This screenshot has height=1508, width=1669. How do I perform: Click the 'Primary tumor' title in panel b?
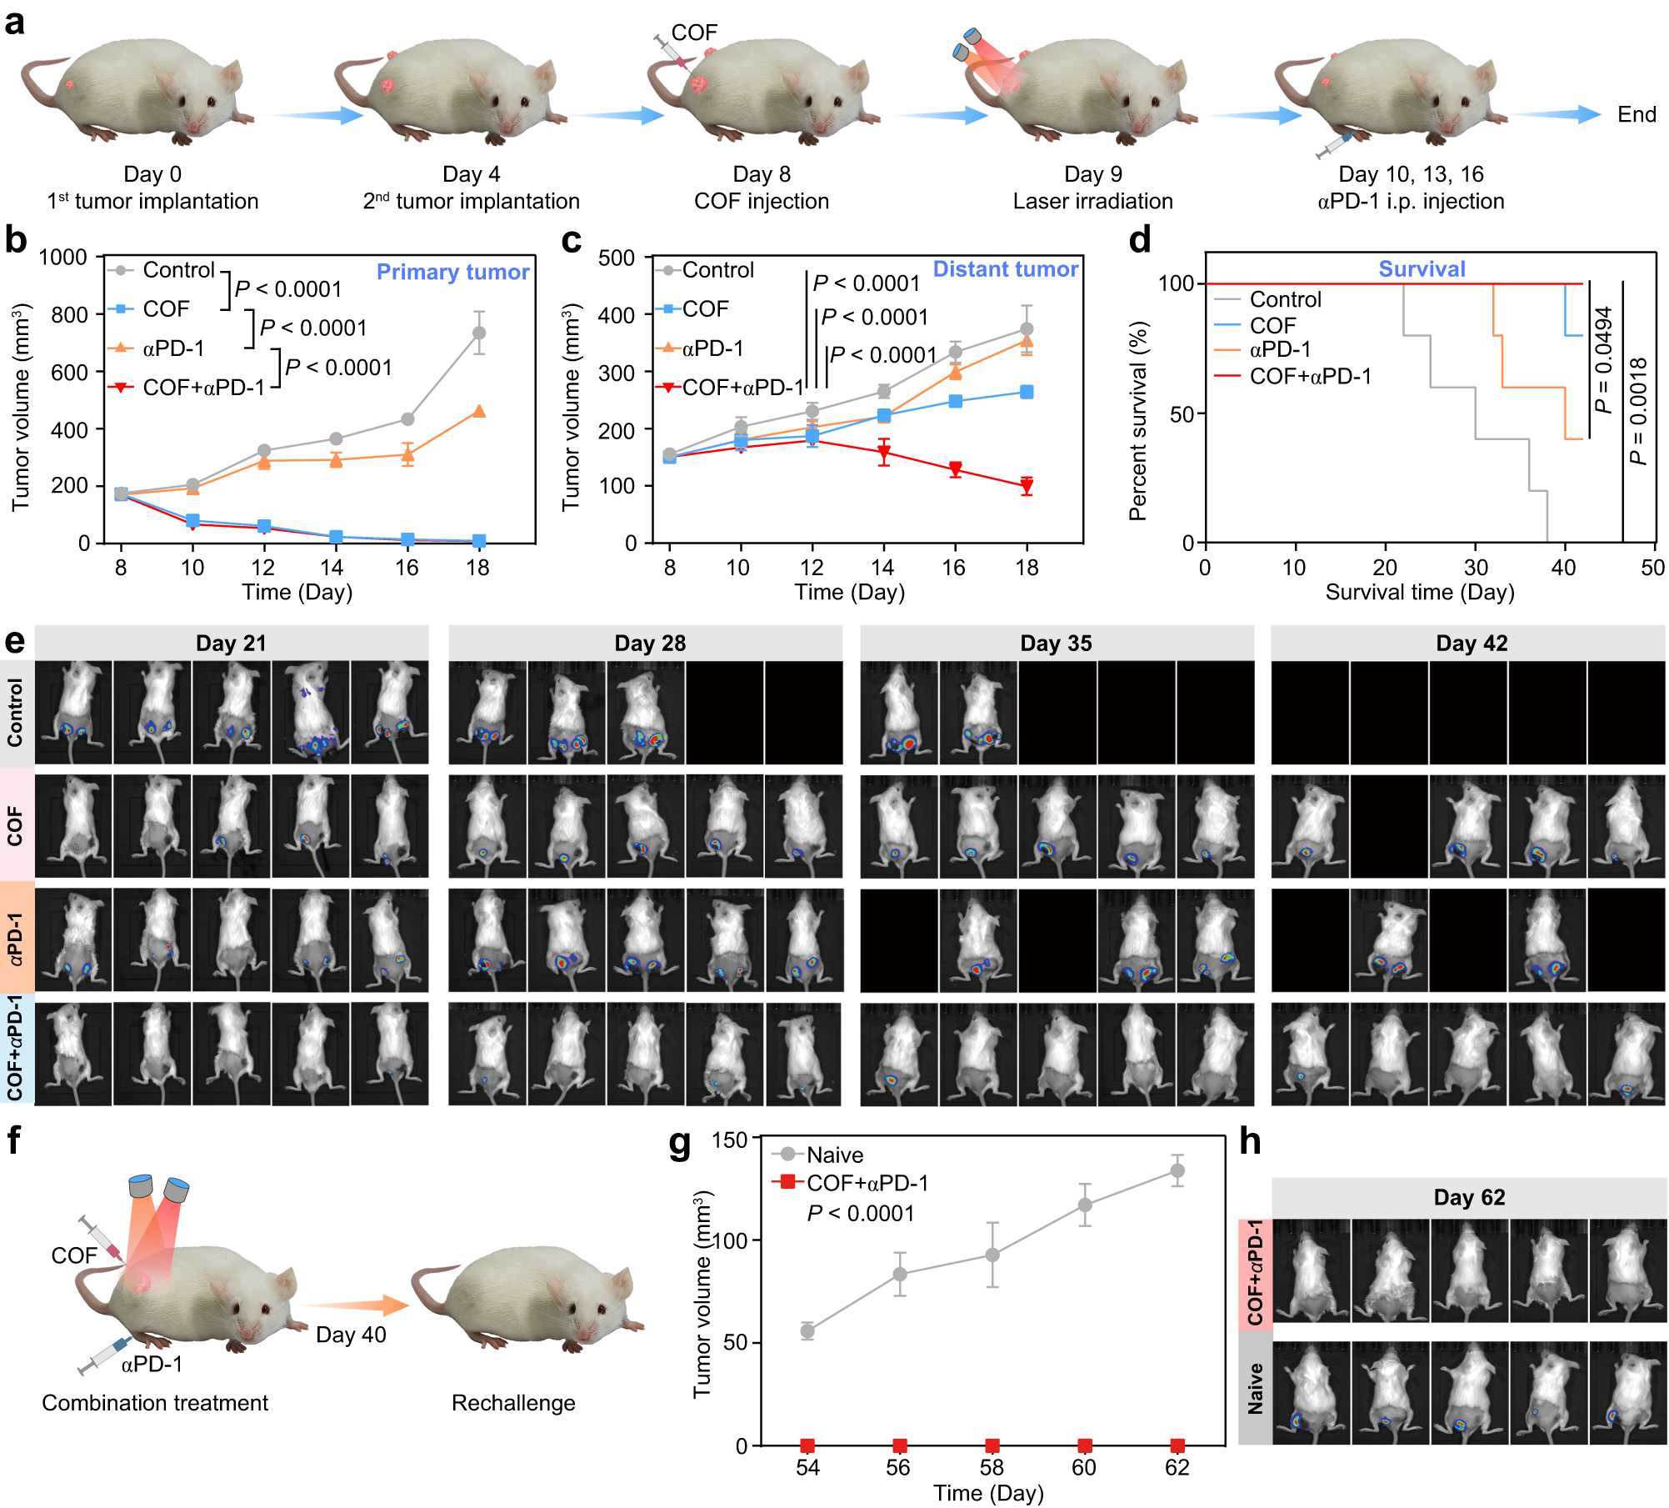pyautogui.click(x=452, y=272)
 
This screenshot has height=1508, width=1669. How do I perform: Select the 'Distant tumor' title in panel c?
pyautogui.click(x=1005, y=269)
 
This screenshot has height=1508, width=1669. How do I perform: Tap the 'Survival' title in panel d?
pyautogui.click(x=1422, y=269)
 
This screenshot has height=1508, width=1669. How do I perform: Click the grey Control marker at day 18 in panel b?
pyautogui.click(x=479, y=333)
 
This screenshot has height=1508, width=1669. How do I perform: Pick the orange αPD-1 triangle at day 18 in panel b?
pyautogui.click(x=479, y=411)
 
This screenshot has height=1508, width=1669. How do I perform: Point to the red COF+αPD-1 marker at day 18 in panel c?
pyautogui.click(x=1027, y=487)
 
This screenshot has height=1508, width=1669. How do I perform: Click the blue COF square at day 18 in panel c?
pyautogui.click(x=1027, y=392)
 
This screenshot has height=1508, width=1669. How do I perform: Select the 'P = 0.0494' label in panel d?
pyautogui.click(x=1603, y=360)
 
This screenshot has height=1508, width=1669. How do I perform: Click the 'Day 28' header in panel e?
pyautogui.click(x=650, y=644)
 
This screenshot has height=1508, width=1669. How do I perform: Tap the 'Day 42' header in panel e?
pyautogui.click(x=1472, y=644)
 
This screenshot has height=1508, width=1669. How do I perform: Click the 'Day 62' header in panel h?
pyautogui.click(x=1469, y=1198)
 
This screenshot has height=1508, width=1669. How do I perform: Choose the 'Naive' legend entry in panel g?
pyautogui.click(x=834, y=1155)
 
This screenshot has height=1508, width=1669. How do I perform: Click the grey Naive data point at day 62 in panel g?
pyautogui.click(x=1177, y=1170)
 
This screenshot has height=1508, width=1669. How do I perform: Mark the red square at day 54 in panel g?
pyautogui.click(x=807, y=1445)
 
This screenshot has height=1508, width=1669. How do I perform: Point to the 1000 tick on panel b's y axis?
pyautogui.click(x=63, y=258)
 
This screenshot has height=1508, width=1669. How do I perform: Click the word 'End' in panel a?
pyautogui.click(x=1637, y=115)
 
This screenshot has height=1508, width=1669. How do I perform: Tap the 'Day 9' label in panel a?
pyautogui.click(x=1093, y=174)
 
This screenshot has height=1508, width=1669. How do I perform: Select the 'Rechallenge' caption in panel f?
pyautogui.click(x=513, y=1403)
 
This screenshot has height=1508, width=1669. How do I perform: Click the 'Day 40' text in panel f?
pyautogui.click(x=351, y=1335)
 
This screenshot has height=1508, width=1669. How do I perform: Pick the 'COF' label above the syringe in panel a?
pyautogui.click(x=694, y=33)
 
